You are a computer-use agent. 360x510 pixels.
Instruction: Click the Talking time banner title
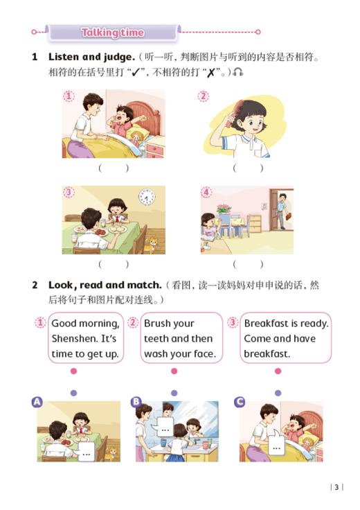coord(112,33)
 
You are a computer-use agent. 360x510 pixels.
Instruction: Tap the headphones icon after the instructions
coord(238,72)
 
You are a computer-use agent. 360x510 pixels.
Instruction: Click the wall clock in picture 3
coord(146,197)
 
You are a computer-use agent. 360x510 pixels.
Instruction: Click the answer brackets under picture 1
coord(114,168)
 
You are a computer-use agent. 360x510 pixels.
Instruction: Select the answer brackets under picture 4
coord(248,263)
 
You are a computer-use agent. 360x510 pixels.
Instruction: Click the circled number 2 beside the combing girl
coord(203,96)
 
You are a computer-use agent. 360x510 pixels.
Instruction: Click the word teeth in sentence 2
coord(156,339)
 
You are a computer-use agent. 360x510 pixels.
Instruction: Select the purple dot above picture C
coord(278,393)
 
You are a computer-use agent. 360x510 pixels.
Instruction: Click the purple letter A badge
coord(37,401)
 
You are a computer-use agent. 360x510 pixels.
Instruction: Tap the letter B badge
coord(136,401)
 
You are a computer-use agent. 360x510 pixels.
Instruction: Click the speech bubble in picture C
coord(277,446)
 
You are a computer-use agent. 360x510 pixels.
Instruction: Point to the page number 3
coord(336,487)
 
